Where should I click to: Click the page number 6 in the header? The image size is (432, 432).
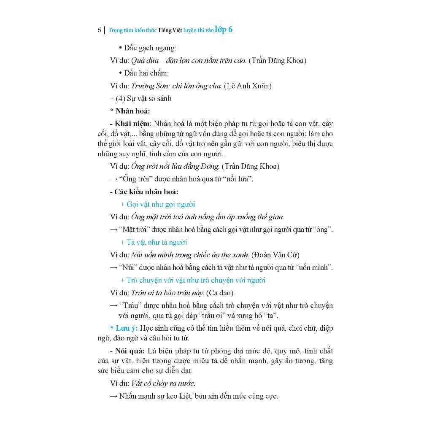(99, 30)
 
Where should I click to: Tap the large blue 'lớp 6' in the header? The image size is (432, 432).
(224, 30)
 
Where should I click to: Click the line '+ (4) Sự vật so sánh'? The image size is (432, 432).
(140, 99)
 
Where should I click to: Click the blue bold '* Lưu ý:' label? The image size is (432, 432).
(124, 328)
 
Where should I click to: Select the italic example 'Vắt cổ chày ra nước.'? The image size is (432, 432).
(163, 383)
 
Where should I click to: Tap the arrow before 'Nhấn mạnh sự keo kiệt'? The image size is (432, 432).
(113, 397)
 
